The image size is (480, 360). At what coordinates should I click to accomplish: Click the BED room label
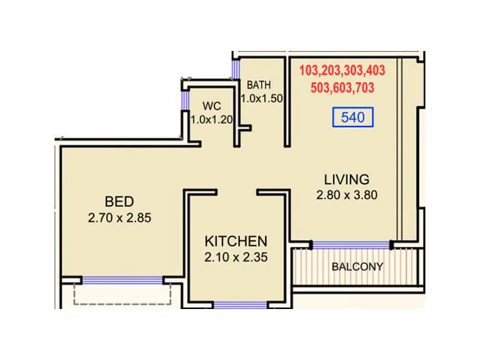[x=119, y=201]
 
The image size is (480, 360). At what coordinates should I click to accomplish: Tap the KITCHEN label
[x=236, y=241]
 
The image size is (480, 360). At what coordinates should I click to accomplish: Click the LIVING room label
[x=346, y=179]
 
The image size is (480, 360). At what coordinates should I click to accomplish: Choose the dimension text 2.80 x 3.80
[x=346, y=196]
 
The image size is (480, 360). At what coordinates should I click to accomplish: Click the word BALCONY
[x=357, y=267]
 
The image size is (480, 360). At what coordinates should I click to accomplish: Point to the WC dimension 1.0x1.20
[x=211, y=119]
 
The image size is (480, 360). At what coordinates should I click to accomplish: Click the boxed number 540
[x=353, y=118]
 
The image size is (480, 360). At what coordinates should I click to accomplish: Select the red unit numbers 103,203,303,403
[x=342, y=71]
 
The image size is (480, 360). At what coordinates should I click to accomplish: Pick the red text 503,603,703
[x=343, y=88]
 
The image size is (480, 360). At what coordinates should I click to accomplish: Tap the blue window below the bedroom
[x=122, y=280]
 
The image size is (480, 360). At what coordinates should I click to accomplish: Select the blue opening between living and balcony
[x=351, y=245]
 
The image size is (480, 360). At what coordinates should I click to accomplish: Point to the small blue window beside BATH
[x=235, y=69]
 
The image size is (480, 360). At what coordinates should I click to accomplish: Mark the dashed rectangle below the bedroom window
[x=122, y=296]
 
